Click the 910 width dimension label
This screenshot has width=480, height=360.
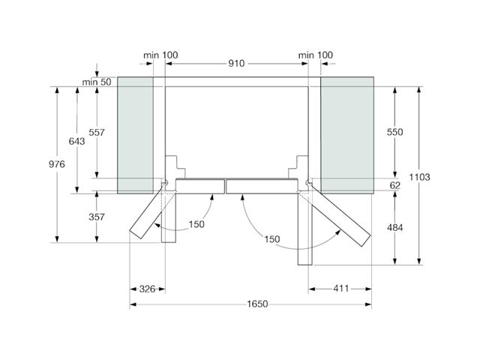click(x=236, y=63)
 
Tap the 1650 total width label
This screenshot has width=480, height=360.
click(x=257, y=304)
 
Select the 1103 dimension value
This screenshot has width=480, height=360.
click(x=419, y=177)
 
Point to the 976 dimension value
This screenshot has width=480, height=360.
click(x=57, y=164)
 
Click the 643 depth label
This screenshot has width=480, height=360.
click(x=76, y=141)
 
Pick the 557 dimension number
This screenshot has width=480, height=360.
click(x=97, y=132)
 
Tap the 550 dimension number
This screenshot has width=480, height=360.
click(x=395, y=132)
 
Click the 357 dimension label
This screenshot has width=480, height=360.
click(x=97, y=217)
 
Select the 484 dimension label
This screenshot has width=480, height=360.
click(x=395, y=228)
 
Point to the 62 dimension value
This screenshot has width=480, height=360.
click(x=395, y=185)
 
